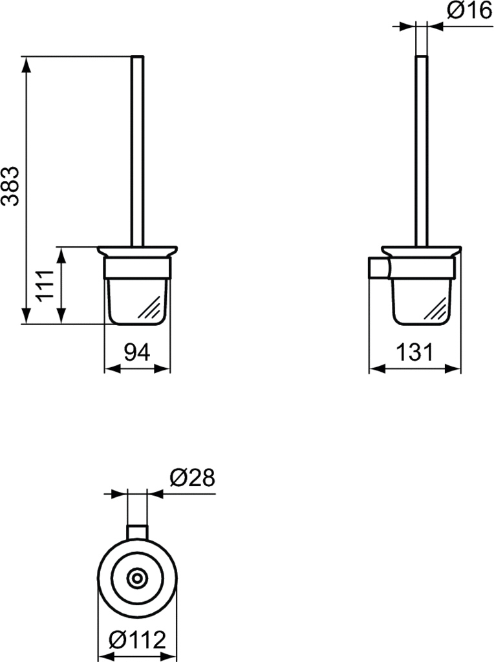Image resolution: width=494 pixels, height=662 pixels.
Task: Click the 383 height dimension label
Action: (10, 186)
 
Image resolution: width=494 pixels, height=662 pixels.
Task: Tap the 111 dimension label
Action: (45, 285)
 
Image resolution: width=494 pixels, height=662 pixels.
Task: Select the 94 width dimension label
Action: (137, 352)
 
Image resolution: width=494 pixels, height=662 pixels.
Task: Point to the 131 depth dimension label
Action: (414, 352)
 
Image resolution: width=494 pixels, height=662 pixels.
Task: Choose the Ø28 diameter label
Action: (192, 477)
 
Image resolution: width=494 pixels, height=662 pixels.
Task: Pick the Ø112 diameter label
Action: (137, 640)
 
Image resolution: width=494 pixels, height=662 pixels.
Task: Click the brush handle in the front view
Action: (137, 151)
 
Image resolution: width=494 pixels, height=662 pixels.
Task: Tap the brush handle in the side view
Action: (421, 151)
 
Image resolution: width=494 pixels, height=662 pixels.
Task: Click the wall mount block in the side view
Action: (380, 268)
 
